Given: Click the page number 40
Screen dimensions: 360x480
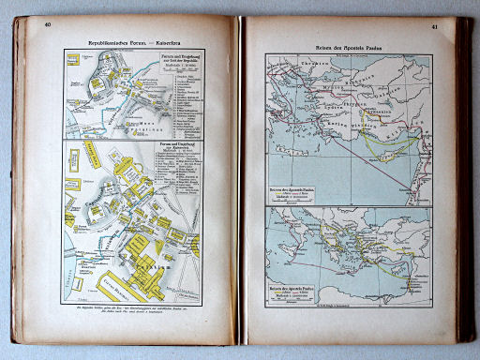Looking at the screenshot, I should tap(48, 24).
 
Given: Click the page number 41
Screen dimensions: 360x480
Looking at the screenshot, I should tap(435, 26).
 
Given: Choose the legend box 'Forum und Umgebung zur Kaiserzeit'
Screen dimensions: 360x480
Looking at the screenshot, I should tap(177, 158).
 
